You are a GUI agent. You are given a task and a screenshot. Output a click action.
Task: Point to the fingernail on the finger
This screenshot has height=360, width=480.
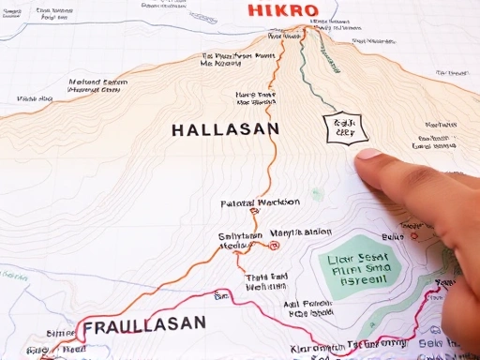369,153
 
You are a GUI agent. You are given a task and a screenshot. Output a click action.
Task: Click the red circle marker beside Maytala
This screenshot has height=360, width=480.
274,246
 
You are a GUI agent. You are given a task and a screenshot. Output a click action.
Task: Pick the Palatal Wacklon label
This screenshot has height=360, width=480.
260,202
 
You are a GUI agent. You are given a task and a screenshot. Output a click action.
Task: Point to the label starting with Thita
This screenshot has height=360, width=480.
264,281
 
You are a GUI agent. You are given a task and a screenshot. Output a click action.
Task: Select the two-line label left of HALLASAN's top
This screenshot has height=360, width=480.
97,86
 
